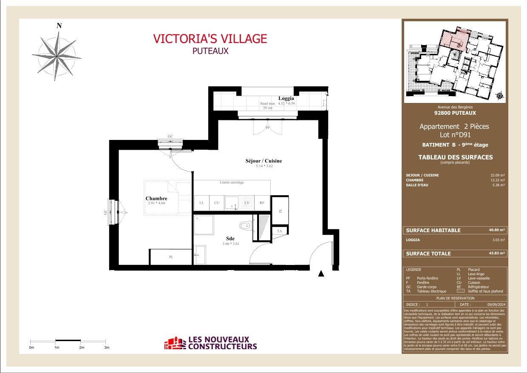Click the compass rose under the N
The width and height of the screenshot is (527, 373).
pos(57,57)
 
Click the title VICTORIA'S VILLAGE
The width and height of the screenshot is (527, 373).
pos(210,39)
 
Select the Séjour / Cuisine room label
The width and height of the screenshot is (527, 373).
pos(263,161)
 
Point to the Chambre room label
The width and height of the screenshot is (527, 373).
pos(156,198)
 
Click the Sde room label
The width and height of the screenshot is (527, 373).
pos(230,239)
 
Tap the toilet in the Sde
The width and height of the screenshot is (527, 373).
pos(246,225)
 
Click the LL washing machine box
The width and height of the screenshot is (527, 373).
pos(201,203)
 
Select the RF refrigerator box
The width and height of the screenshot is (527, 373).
pos(262,203)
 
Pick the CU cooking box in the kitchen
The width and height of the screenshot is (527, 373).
pos(217,203)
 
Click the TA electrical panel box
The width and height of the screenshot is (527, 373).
pos(279,231)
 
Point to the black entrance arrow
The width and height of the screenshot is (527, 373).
pos(322,274)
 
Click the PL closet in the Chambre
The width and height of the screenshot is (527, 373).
pos(171,257)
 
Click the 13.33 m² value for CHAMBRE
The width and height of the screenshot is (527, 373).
pos(497,180)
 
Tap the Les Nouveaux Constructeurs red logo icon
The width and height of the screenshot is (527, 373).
pos(175,343)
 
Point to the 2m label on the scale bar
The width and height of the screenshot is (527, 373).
pos(82,347)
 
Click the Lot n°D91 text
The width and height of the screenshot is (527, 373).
pos(454,135)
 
